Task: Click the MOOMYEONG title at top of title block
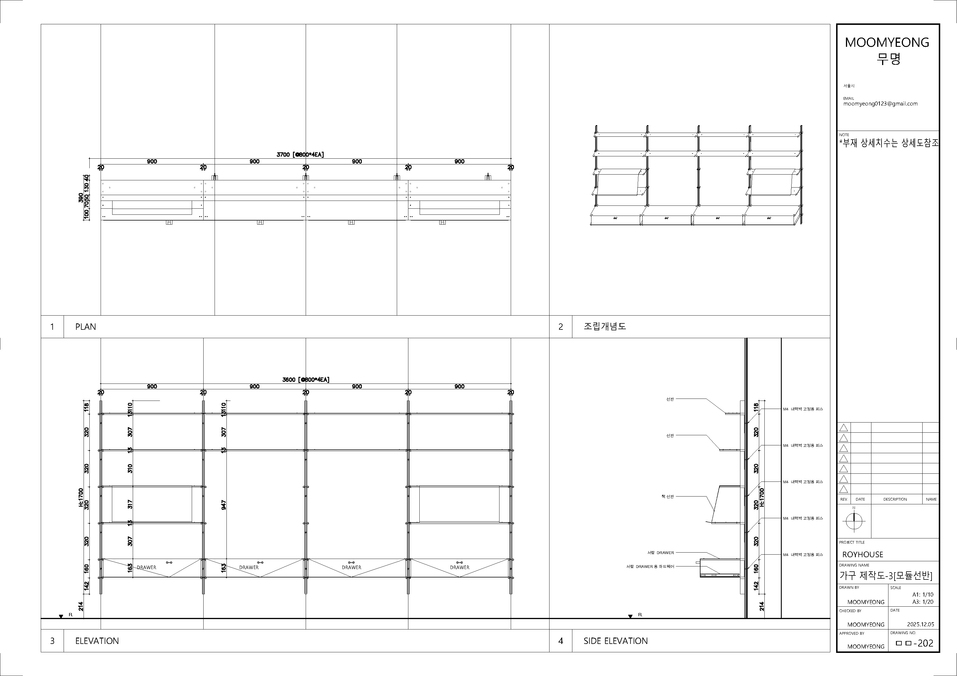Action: click(x=887, y=42)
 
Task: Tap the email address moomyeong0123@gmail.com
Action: click(x=880, y=104)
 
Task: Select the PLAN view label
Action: click(x=85, y=327)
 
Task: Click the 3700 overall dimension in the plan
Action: click(x=300, y=155)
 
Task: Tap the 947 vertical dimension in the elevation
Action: click(x=224, y=505)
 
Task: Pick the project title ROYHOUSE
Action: click(x=862, y=554)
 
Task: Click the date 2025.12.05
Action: click(x=920, y=624)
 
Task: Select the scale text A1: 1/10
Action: click(x=923, y=594)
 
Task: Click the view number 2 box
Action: click(x=560, y=327)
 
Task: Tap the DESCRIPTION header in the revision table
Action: click(x=895, y=499)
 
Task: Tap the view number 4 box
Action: click(x=560, y=641)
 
